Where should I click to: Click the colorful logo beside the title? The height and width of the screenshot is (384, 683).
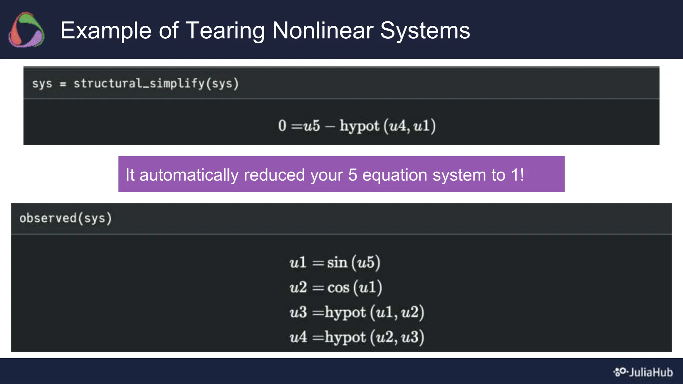click(26, 30)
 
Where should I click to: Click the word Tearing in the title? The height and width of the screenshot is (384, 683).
click(225, 30)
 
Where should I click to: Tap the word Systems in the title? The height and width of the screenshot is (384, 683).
click(425, 30)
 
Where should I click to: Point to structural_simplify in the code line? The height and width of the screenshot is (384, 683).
click(139, 83)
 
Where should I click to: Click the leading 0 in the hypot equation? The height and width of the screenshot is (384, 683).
click(282, 126)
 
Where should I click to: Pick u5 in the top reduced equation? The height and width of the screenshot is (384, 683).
click(311, 126)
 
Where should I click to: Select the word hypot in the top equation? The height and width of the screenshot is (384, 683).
click(359, 126)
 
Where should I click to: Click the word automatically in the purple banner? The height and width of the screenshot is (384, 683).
click(189, 175)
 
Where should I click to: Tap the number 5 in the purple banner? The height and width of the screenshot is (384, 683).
click(353, 175)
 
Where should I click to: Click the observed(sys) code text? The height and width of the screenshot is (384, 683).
click(66, 218)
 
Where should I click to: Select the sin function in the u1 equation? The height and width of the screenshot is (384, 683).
click(337, 262)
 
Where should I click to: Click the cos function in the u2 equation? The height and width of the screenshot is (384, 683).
click(338, 287)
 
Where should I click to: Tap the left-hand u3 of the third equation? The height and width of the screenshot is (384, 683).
click(298, 312)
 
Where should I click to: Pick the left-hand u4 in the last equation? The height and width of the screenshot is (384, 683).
click(298, 337)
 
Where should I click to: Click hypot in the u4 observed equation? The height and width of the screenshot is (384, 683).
click(345, 337)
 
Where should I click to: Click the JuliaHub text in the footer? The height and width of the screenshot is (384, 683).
click(651, 372)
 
